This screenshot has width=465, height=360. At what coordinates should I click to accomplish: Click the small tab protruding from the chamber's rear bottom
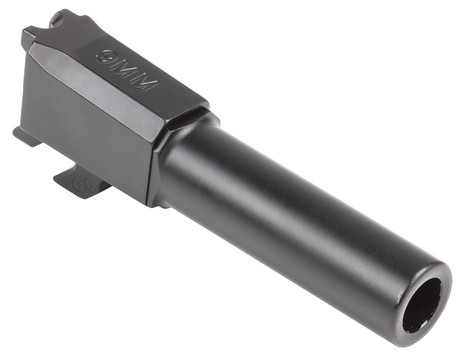[25, 135]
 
